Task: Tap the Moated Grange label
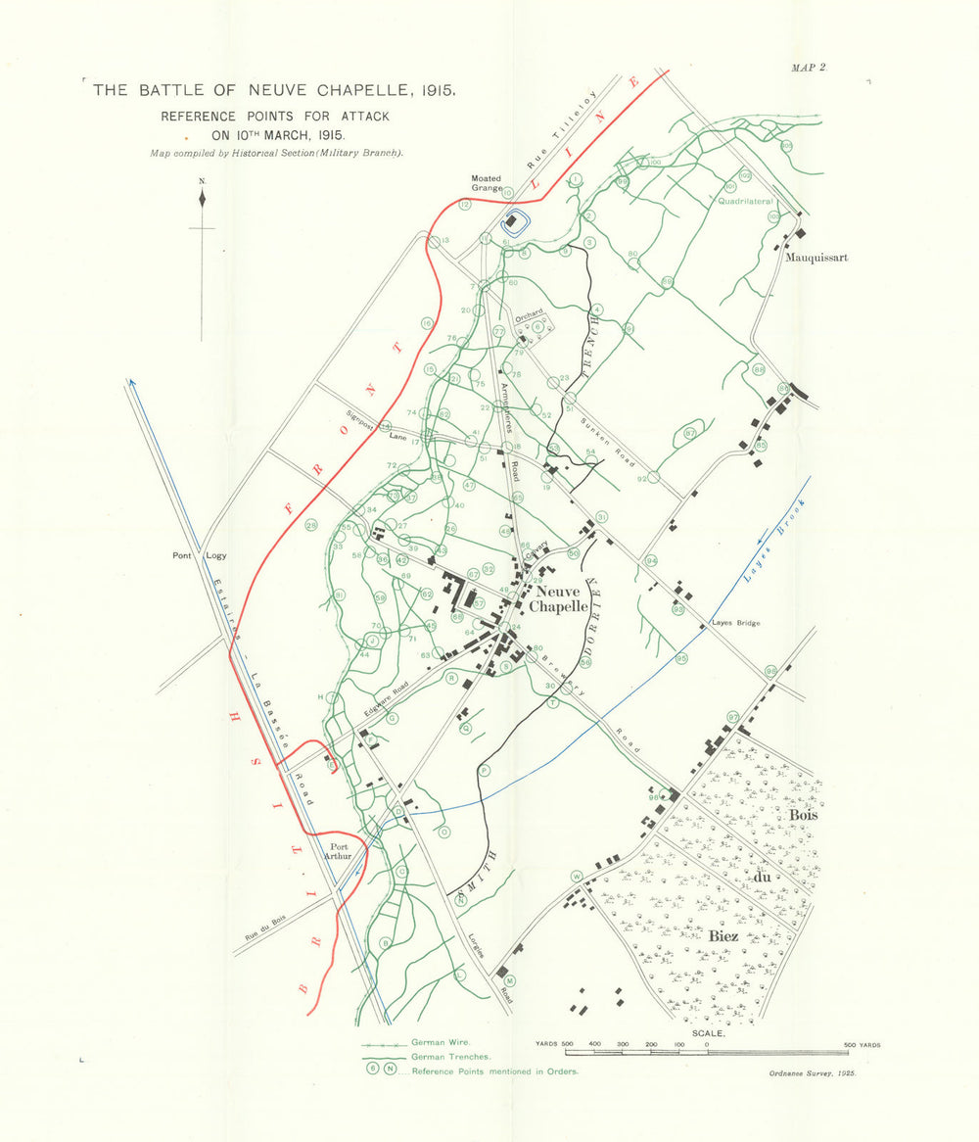[486, 183]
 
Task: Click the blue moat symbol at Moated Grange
[512, 222]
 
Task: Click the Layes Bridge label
[735, 623]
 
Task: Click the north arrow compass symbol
[202, 199]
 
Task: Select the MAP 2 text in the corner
[809, 67]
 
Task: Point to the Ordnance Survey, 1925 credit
[813, 1074]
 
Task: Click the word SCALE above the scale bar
[708, 1033]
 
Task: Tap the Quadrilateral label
[746, 201]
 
